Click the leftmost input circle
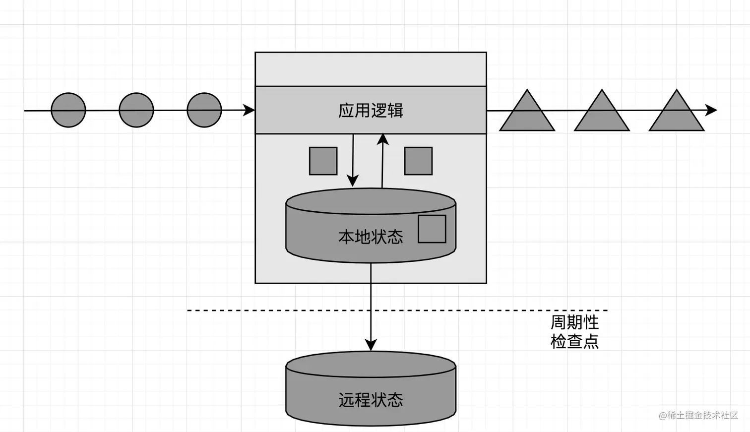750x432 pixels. (x=68, y=110)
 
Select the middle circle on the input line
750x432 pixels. (x=136, y=110)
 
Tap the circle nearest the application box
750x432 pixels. (x=204, y=110)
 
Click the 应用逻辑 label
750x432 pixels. (x=371, y=110)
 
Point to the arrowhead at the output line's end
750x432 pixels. (x=712, y=110)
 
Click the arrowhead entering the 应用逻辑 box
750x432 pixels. (x=249, y=110)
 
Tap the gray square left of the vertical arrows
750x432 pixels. (x=323, y=161)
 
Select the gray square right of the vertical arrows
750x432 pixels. (x=418, y=161)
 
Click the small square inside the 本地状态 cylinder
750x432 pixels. (x=432, y=229)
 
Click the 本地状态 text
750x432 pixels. (x=371, y=237)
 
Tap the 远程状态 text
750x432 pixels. (x=371, y=400)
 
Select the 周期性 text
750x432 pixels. (x=574, y=322)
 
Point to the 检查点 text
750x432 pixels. (x=574, y=341)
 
